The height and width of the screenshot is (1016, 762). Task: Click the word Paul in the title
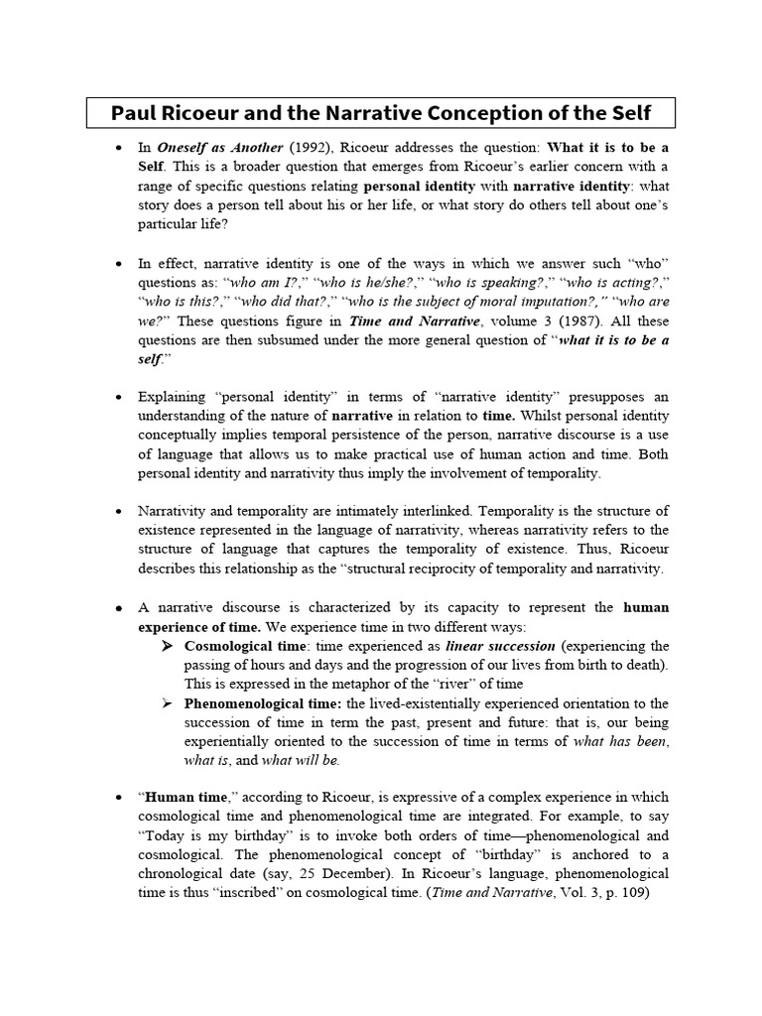click(x=135, y=111)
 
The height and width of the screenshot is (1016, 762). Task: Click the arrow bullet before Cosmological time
click(x=169, y=646)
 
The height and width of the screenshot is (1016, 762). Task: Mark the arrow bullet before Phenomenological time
click(x=169, y=703)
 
